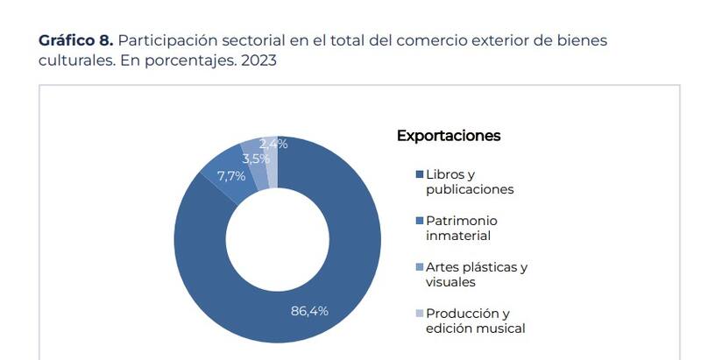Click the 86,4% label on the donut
pyautogui.click(x=309, y=311)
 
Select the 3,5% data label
pyautogui.click(x=256, y=159)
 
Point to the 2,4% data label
pyautogui.click(x=273, y=144)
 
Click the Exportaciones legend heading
pyautogui.click(x=449, y=136)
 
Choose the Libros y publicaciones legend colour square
pyautogui.click(x=420, y=174)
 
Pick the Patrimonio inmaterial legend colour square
pyautogui.click(x=420, y=221)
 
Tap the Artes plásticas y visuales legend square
pyautogui.click(x=420, y=267)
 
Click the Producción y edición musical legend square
pyautogui.click(x=420, y=314)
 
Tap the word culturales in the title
pyautogui.click(x=73, y=62)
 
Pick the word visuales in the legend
pyautogui.click(x=450, y=282)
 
